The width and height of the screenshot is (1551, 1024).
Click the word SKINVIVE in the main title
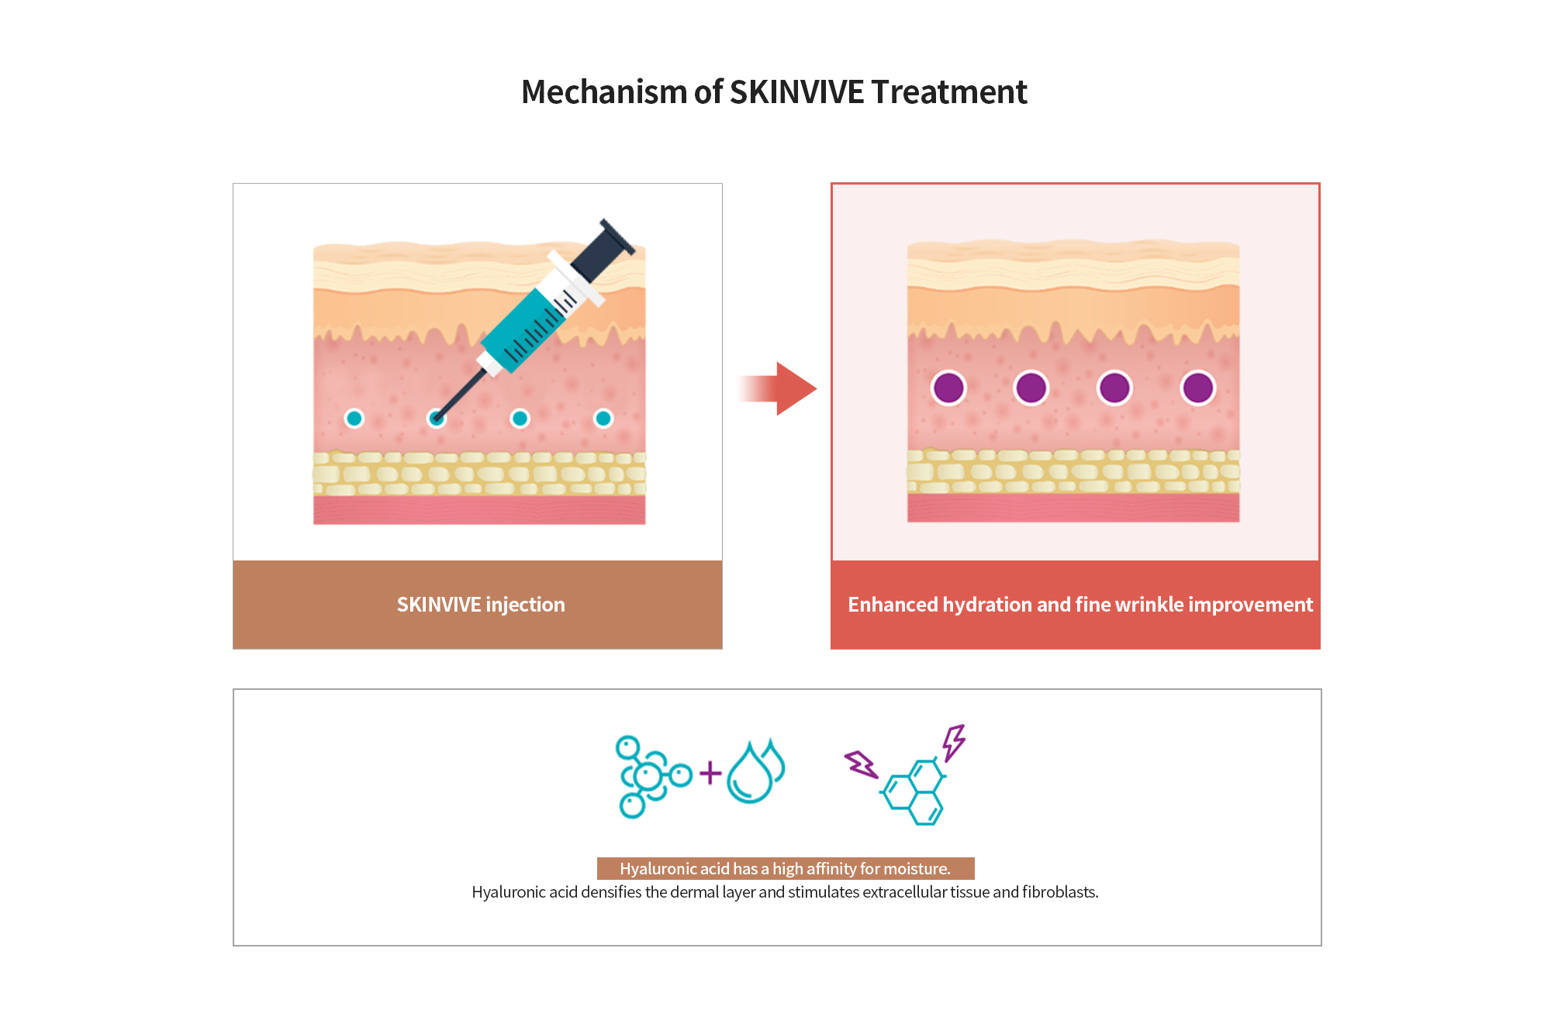(x=796, y=92)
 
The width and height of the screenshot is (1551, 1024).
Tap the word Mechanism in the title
(x=604, y=92)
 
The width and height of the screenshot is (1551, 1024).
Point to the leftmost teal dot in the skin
(x=354, y=419)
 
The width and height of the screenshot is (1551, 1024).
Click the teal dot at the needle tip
(x=437, y=419)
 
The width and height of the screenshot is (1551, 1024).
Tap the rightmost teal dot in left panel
(x=603, y=419)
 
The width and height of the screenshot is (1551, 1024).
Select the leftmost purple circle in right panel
(x=948, y=388)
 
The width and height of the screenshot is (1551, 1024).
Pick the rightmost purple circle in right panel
(x=1197, y=388)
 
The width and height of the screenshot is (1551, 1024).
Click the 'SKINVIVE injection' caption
(x=481, y=605)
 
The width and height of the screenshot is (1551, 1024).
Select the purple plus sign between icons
(x=710, y=773)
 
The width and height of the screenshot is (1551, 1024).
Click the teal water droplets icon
(x=755, y=771)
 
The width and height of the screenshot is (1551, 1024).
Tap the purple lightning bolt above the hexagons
(x=954, y=742)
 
